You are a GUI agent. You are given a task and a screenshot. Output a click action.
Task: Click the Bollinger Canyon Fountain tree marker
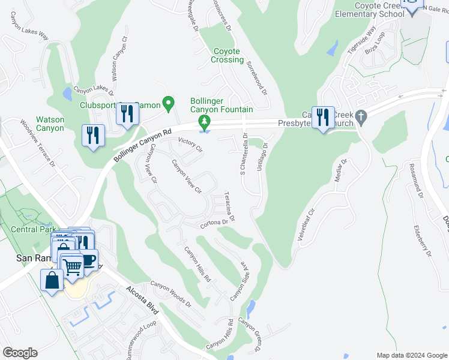(x=205, y=123)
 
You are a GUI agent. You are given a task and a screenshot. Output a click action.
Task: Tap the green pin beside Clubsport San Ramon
(x=169, y=104)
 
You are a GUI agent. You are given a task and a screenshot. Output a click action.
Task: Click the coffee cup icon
(x=88, y=261)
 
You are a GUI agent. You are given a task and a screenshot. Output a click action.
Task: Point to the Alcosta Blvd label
(x=142, y=299)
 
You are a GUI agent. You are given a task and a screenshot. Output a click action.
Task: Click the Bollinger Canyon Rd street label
(x=142, y=146)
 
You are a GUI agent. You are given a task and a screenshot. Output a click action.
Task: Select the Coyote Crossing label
(x=228, y=56)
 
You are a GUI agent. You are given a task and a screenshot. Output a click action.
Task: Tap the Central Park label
(x=33, y=230)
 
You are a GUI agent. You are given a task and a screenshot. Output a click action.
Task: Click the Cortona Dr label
(x=215, y=223)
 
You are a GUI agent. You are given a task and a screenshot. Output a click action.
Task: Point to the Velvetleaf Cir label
(x=306, y=225)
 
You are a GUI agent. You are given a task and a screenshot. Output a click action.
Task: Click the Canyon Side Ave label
(x=238, y=281)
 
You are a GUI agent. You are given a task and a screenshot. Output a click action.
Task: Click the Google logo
(x=20, y=352)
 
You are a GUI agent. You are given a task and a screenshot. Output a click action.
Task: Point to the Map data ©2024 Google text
(x=411, y=355)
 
